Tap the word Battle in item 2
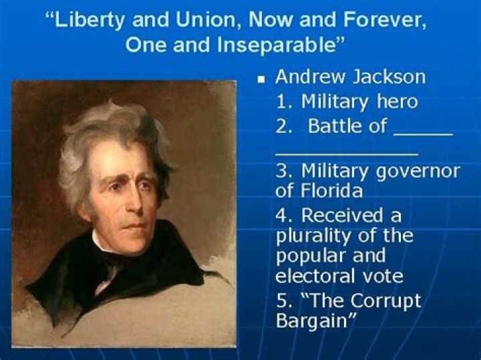coord(334,126)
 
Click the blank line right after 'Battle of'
coord(423,133)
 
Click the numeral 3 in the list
coord(281,170)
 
